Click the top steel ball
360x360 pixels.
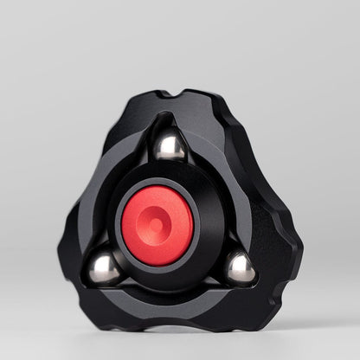tap(170, 145)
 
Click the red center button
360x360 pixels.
tap(157, 224)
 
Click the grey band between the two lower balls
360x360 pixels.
tap(173, 302)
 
